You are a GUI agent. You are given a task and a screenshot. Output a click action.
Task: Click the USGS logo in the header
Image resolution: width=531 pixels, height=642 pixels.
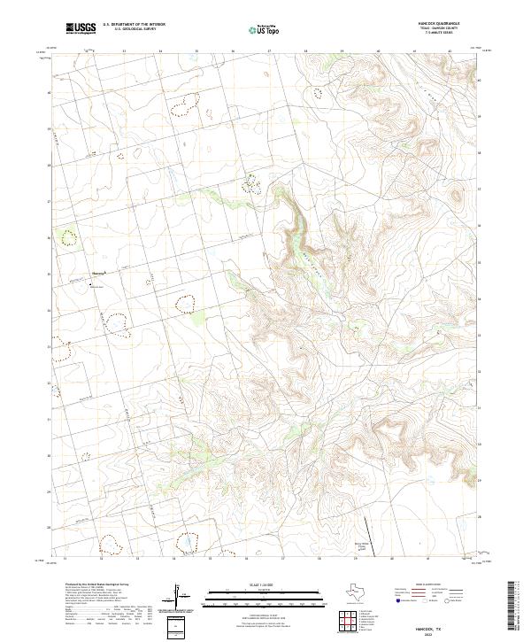(81, 28)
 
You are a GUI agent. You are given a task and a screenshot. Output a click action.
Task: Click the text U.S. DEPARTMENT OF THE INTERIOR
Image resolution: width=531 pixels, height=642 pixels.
(134, 25)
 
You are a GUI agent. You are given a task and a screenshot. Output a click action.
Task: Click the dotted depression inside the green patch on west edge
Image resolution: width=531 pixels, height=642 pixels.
(68, 236)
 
